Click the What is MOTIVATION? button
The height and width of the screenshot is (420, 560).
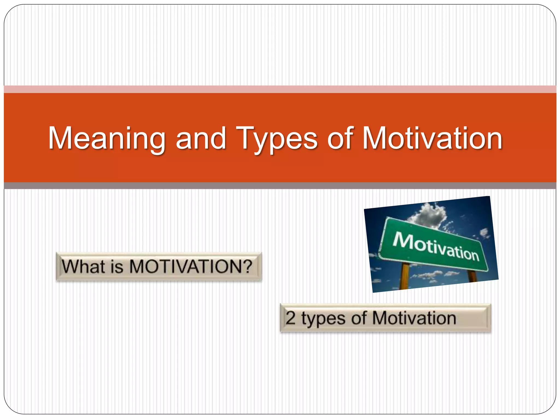point(159,267)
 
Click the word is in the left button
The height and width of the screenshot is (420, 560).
point(117,266)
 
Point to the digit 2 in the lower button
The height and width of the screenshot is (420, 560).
point(291,318)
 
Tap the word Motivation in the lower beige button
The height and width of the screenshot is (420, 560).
point(414,318)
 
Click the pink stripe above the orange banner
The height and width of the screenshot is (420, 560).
point(280,89)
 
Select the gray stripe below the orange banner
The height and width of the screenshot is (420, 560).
point(280,186)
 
